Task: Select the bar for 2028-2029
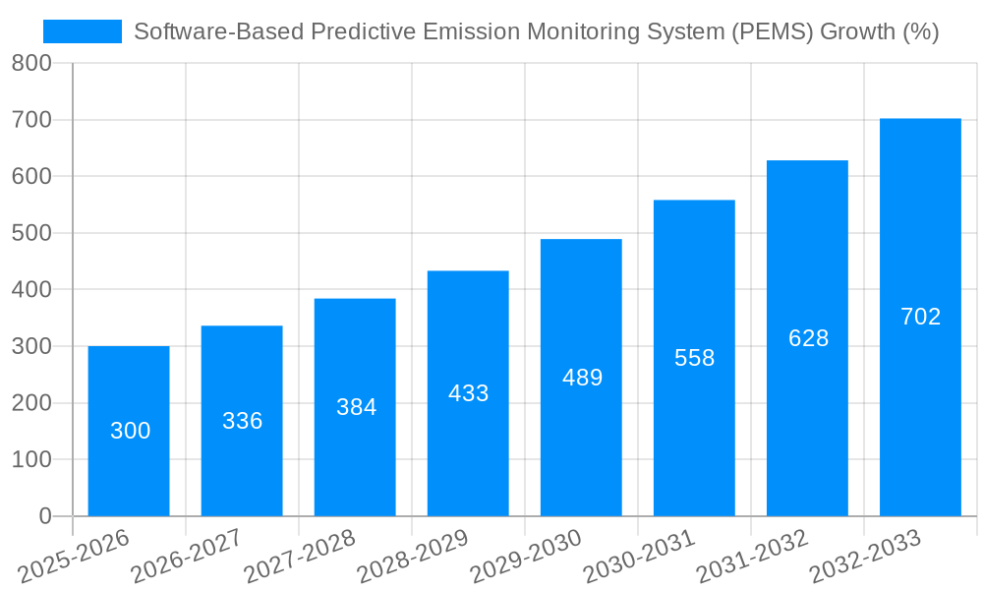468,393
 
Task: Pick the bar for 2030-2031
694,358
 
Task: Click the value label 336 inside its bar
242,421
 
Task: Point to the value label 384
356,407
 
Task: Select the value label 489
582,378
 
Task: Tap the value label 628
808,338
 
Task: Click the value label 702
920,317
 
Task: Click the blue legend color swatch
83,31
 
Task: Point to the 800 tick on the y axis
31,63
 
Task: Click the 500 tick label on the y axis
31,233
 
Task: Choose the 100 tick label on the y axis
31,459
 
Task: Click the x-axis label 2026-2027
187,557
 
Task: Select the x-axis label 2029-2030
526,557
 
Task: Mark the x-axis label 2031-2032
752,557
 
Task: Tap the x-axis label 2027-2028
300,557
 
